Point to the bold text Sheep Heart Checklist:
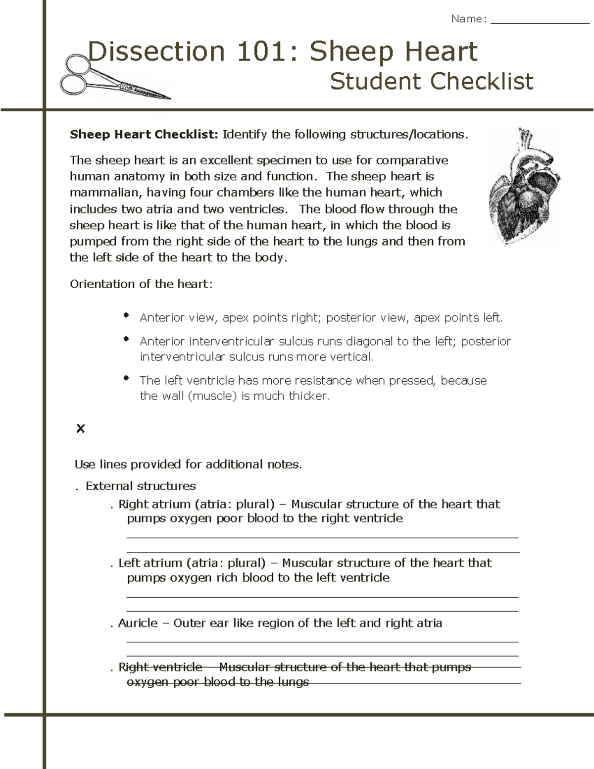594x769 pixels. click(x=144, y=135)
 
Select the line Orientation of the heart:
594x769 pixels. click(x=141, y=284)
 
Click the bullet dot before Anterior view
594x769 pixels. click(x=127, y=315)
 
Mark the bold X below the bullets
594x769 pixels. click(x=80, y=429)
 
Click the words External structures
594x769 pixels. click(x=141, y=486)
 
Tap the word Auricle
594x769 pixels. click(x=138, y=623)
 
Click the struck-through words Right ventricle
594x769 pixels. click(x=160, y=667)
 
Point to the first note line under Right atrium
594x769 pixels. click(x=322, y=537)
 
